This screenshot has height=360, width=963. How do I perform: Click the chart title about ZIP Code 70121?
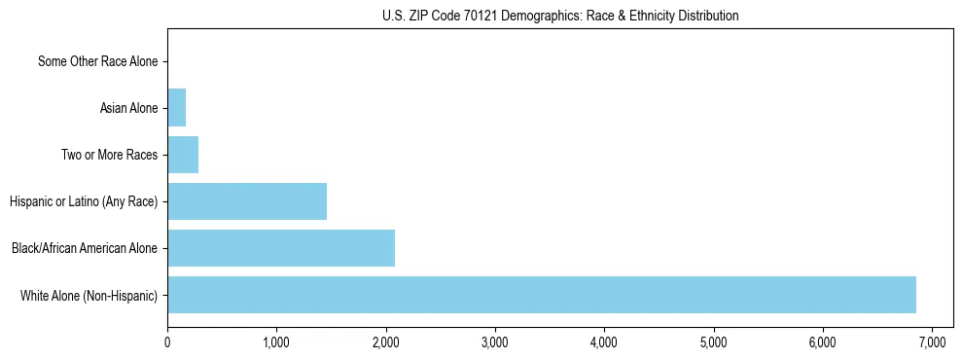pos(560,16)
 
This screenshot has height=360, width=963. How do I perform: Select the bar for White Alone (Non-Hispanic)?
pos(542,295)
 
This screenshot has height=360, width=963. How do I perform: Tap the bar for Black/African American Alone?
pos(281,248)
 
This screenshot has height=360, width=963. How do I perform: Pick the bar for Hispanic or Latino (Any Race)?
pos(247,201)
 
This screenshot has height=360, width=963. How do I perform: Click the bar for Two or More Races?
pos(183,155)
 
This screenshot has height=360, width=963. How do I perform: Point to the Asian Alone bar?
pos(177,108)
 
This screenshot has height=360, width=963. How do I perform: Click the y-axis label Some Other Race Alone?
pos(97,62)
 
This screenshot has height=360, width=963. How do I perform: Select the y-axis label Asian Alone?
pos(128,108)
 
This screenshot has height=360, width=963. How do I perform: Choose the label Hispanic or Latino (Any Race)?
pos(84,201)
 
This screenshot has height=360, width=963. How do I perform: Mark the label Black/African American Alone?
pos(85,248)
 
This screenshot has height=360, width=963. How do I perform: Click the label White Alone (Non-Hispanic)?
pos(89,295)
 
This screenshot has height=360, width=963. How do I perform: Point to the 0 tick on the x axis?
pos(167,342)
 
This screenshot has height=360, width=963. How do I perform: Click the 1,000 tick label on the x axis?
pos(276,342)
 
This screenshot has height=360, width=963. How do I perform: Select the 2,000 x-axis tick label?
pos(386,342)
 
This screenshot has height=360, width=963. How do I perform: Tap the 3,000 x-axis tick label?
pos(495,342)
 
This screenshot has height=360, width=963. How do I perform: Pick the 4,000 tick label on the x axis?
pos(604,342)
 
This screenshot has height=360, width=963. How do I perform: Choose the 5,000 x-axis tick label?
pos(714,342)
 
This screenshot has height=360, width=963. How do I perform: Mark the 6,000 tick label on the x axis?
pos(823,342)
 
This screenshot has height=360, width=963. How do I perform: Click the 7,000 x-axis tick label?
pos(932,342)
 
